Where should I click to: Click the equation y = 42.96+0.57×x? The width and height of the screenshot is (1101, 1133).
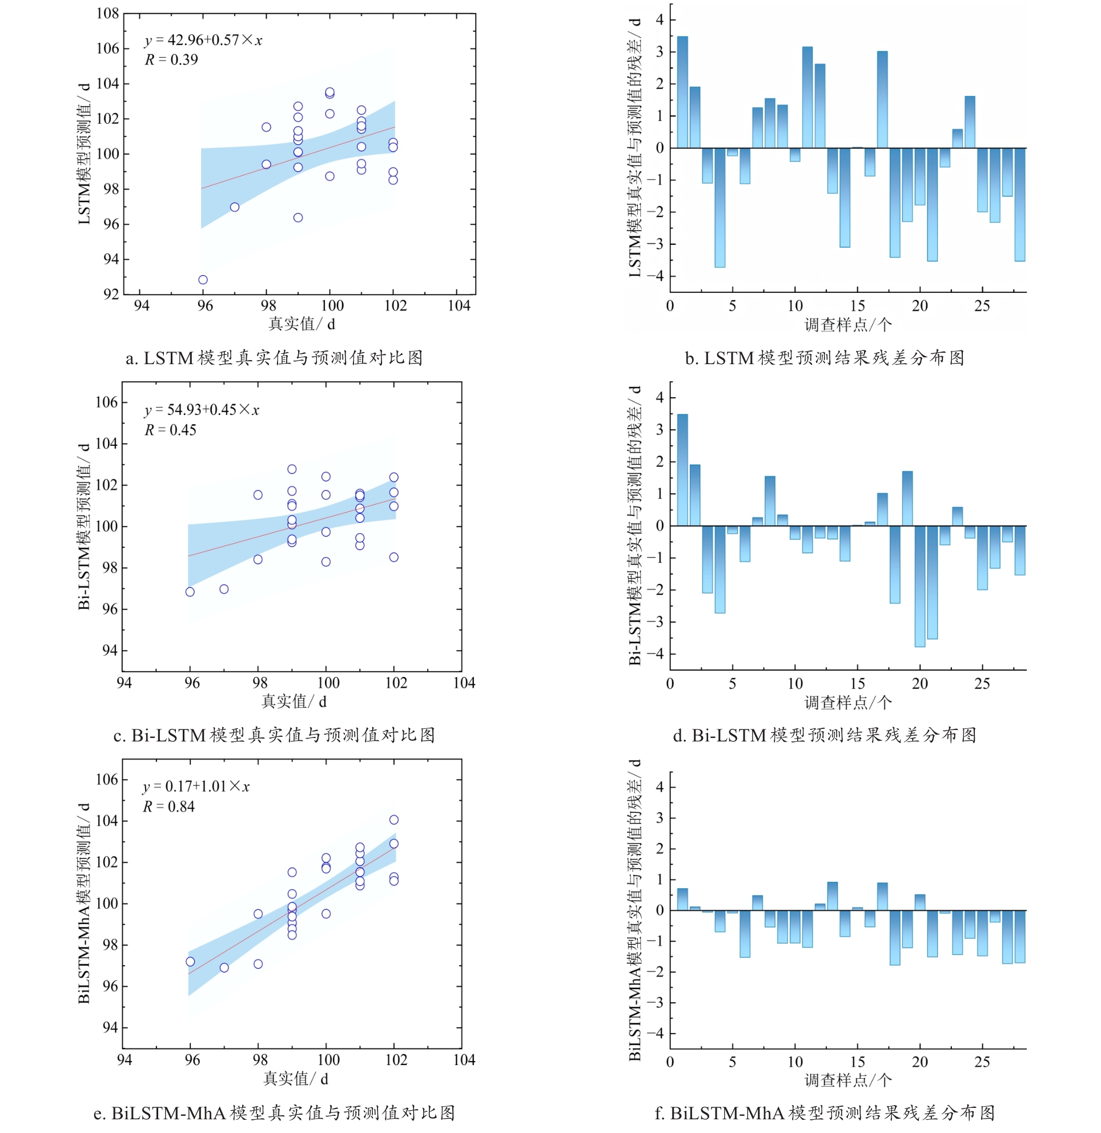click(x=203, y=41)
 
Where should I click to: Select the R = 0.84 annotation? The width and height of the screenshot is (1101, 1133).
click(x=169, y=807)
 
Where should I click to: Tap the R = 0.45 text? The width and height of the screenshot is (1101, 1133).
click(x=170, y=430)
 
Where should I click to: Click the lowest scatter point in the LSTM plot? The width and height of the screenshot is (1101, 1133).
click(x=203, y=280)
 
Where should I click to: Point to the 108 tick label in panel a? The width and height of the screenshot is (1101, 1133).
click(x=107, y=13)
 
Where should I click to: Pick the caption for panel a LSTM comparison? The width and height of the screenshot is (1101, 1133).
click(x=274, y=358)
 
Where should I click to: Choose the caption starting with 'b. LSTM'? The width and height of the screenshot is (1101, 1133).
click(x=825, y=358)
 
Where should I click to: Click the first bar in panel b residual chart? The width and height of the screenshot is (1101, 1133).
click(x=682, y=92)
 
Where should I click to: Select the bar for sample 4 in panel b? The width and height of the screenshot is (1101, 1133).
click(x=720, y=208)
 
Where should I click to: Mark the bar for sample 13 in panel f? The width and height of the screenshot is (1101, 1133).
click(x=833, y=897)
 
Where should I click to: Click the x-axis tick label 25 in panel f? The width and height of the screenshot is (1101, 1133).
click(x=982, y=1062)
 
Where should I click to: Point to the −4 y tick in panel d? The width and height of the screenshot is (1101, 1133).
click(x=656, y=654)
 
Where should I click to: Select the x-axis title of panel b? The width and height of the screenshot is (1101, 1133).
click(x=847, y=325)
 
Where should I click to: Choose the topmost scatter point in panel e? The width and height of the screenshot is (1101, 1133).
click(x=394, y=820)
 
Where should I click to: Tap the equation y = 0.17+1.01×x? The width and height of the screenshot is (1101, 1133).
click(x=196, y=787)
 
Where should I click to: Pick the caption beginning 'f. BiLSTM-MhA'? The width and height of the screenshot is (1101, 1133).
click(x=825, y=1113)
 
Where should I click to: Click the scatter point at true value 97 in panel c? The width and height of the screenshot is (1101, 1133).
click(x=224, y=589)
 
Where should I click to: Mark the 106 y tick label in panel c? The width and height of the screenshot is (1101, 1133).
click(x=107, y=402)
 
